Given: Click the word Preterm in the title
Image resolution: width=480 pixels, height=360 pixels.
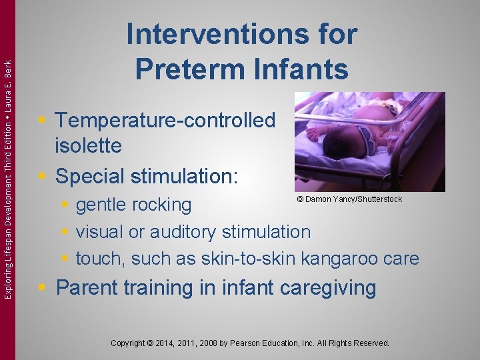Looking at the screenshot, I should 188,68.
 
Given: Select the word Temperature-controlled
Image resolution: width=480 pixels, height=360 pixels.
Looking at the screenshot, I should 165,120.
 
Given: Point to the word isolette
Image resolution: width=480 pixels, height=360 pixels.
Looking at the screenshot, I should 89,145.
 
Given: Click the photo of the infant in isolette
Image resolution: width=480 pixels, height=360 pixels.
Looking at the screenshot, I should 369,141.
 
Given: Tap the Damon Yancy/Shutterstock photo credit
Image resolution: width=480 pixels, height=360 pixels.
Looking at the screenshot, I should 349,199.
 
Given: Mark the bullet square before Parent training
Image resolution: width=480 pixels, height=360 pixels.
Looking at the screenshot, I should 42,288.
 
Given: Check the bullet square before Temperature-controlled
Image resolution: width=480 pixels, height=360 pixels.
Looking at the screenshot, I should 42,120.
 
